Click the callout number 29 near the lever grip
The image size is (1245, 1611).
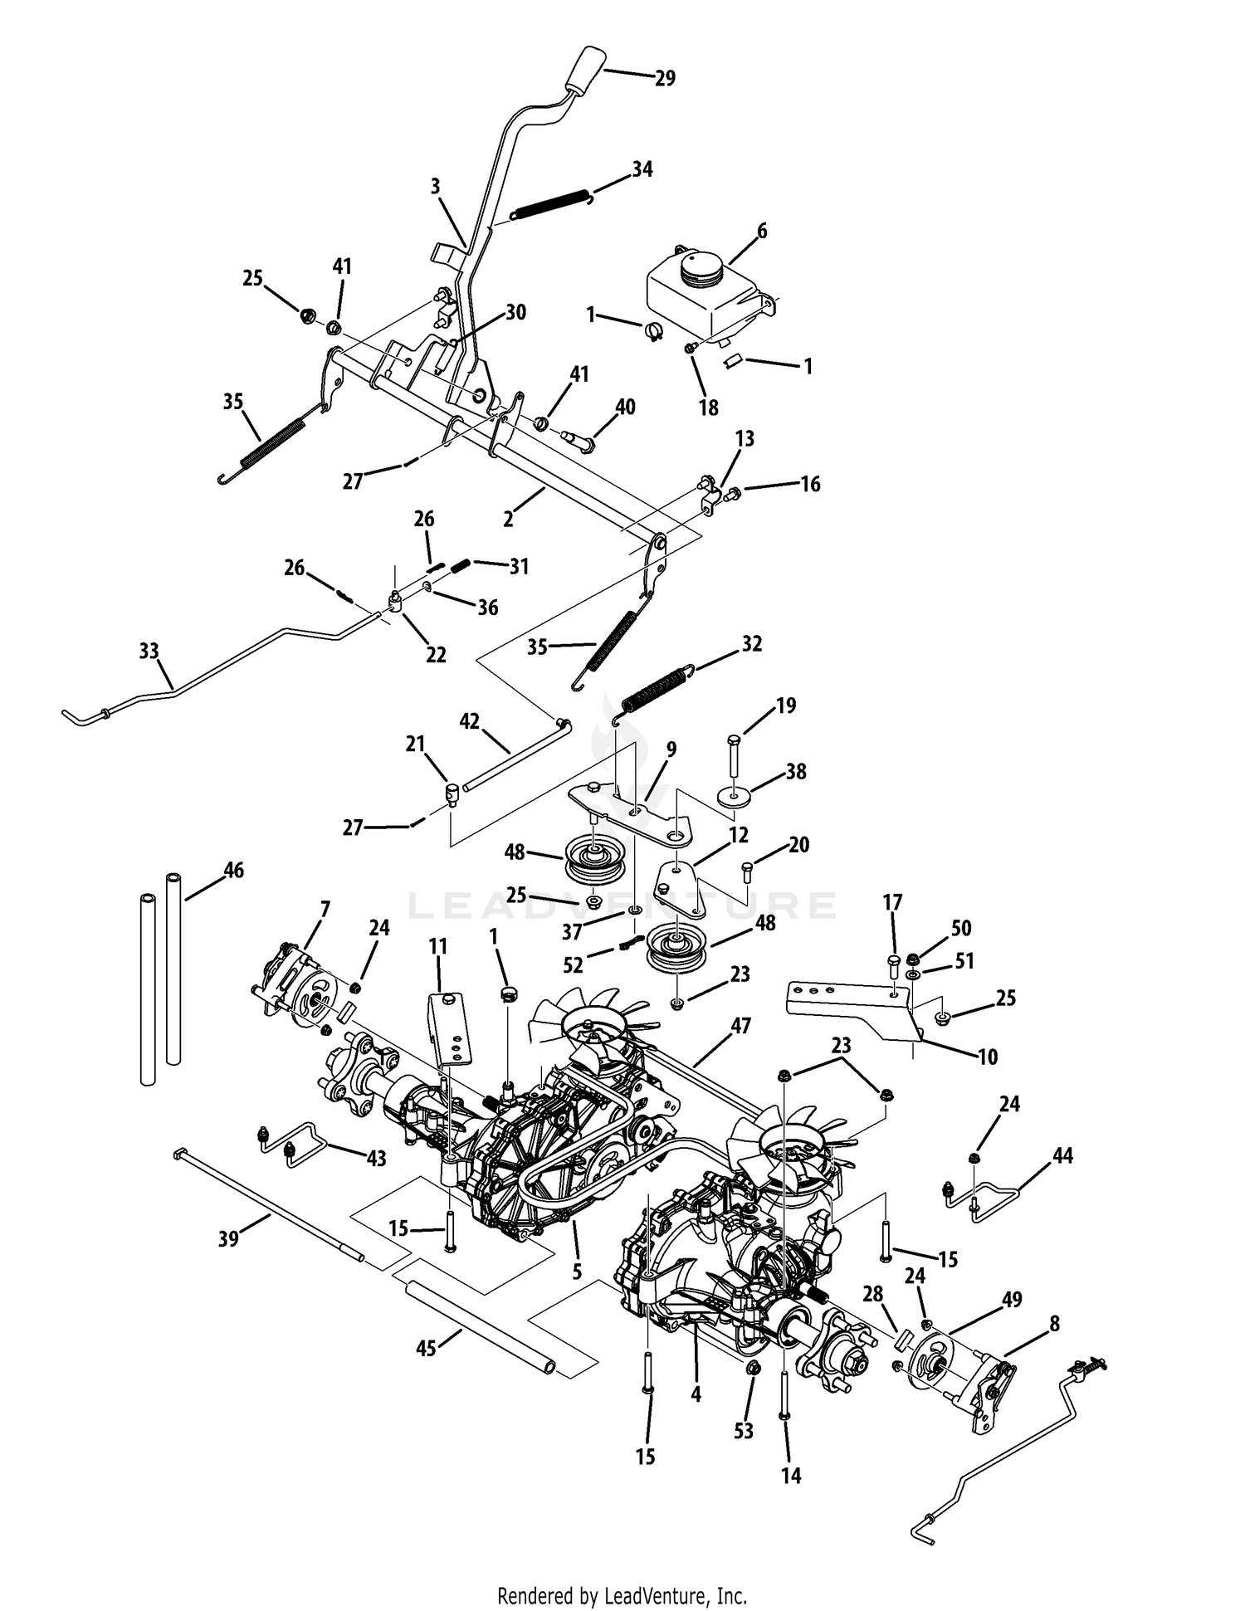[665, 78]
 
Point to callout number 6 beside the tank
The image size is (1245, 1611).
[762, 232]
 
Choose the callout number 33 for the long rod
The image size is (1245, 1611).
[149, 652]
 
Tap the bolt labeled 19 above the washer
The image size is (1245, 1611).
[733, 752]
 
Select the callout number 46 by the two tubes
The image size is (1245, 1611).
[234, 871]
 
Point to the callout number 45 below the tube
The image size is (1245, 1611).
[426, 1349]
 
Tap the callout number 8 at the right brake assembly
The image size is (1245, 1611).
[1054, 1324]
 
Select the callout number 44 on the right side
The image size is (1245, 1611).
[1062, 1155]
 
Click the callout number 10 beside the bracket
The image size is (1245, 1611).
[988, 1057]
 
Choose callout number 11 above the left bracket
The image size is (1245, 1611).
[438, 947]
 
